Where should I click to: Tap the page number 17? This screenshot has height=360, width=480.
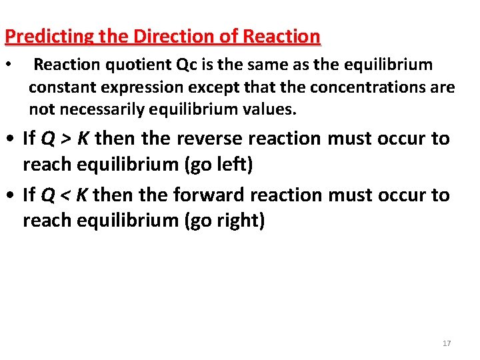click(446, 343)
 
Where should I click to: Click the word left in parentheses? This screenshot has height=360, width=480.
click(231, 164)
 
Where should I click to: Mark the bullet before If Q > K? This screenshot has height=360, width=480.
click(10, 139)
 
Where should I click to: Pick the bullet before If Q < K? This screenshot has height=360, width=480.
click(10, 196)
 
